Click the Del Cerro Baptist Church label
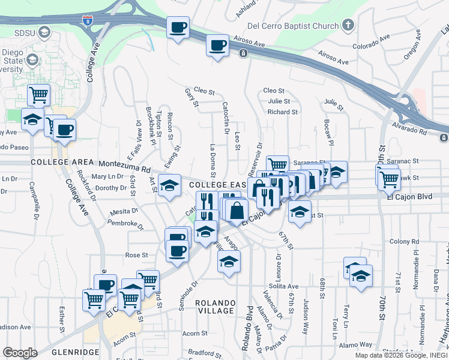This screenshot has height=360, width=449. coord(294,26)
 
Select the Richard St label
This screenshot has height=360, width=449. coord(283,112)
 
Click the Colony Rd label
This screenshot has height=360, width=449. coord(403,241)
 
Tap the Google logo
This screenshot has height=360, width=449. coord(20,353)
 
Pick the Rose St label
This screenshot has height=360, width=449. coord(136,255)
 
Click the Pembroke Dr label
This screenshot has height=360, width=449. coord(125,225)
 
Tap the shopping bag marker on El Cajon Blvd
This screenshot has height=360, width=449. coord(238,210)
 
